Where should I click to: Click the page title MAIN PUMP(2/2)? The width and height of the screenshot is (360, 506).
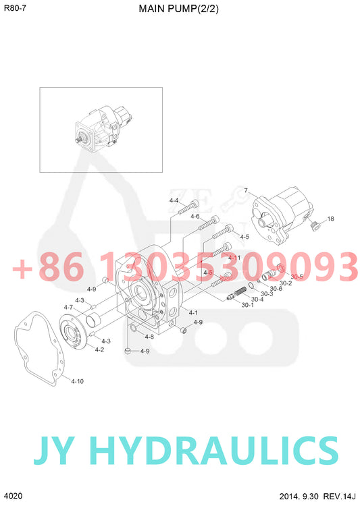(x=178, y=9)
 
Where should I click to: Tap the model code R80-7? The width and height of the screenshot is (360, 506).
(x=15, y=8)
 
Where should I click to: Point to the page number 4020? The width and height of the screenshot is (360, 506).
(x=14, y=496)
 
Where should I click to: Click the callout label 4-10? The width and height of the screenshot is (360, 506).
(x=77, y=381)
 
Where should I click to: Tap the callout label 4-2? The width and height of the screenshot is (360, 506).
(x=99, y=349)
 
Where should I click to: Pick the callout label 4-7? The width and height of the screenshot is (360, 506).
(x=68, y=307)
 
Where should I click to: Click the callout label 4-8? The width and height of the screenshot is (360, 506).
(x=149, y=337)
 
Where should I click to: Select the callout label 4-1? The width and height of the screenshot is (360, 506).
(x=193, y=312)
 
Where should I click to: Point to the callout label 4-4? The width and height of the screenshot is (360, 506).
(x=174, y=200)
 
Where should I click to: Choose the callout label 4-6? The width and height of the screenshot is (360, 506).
(x=195, y=216)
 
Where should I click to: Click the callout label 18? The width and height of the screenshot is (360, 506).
(x=330, y=219)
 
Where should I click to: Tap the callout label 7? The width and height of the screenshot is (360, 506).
(x=246, y=190)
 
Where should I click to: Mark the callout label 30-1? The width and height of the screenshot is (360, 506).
(x=247, y=305)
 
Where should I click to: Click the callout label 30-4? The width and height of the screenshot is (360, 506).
(x=257, y=299)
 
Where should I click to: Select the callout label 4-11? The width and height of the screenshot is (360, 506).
(x=234, y=258)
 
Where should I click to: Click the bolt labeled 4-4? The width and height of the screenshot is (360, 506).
(x=188, y=207)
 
